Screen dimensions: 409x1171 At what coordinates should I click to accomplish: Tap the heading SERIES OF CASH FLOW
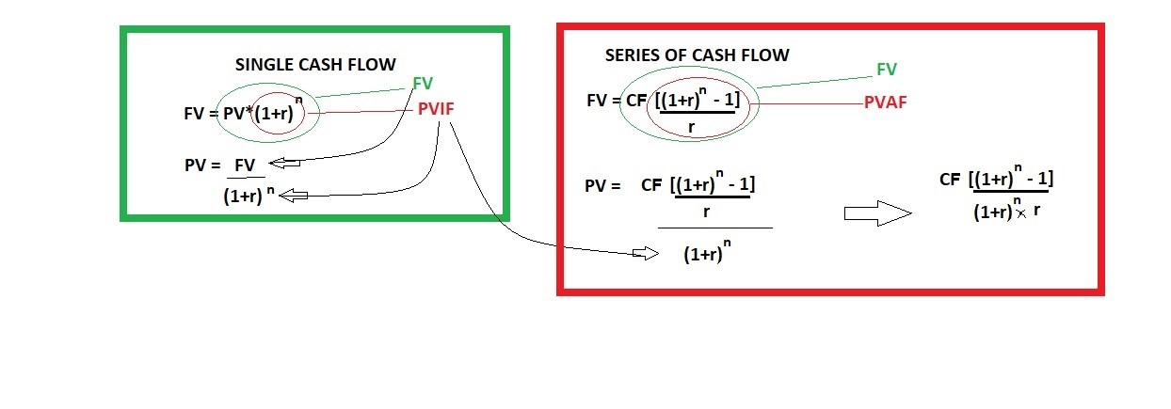[x=697, y=55]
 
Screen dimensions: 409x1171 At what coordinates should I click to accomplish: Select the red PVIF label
[x=436, y=110]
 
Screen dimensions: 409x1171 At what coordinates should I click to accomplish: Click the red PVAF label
[x=885, y=103]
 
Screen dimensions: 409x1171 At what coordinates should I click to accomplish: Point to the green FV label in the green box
[x=423, y=83]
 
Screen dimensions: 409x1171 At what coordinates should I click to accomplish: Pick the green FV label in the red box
[x=886, y=70]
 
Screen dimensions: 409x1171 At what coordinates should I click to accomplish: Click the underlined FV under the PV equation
[x=245, y=165]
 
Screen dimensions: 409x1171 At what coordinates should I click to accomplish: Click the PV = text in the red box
[x=602, y=186]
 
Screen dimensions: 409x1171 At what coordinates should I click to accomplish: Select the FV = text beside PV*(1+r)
[x=200, y=114]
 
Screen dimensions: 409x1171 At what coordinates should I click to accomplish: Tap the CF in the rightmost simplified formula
[x=952, y=180]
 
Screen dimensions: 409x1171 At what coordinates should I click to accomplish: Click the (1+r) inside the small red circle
[x=276, y=115]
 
